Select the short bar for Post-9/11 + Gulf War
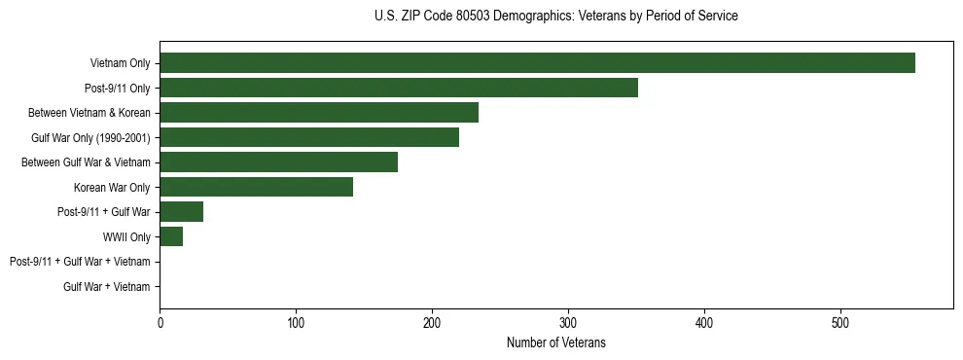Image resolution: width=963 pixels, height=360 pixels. coord(181,212)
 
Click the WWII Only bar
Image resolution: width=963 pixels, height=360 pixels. coord(171,236)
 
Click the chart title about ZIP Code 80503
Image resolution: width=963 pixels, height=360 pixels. coord(555,17)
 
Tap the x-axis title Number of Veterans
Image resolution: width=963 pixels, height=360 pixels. coord(555,342)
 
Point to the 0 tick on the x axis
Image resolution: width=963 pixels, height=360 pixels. coord(160,322)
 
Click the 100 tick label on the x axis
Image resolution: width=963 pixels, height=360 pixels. coord(296,322)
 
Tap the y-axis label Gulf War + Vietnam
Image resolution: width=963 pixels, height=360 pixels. coord(107,286)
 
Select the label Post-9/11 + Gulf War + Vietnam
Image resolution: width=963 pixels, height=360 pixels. coord(80,262)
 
